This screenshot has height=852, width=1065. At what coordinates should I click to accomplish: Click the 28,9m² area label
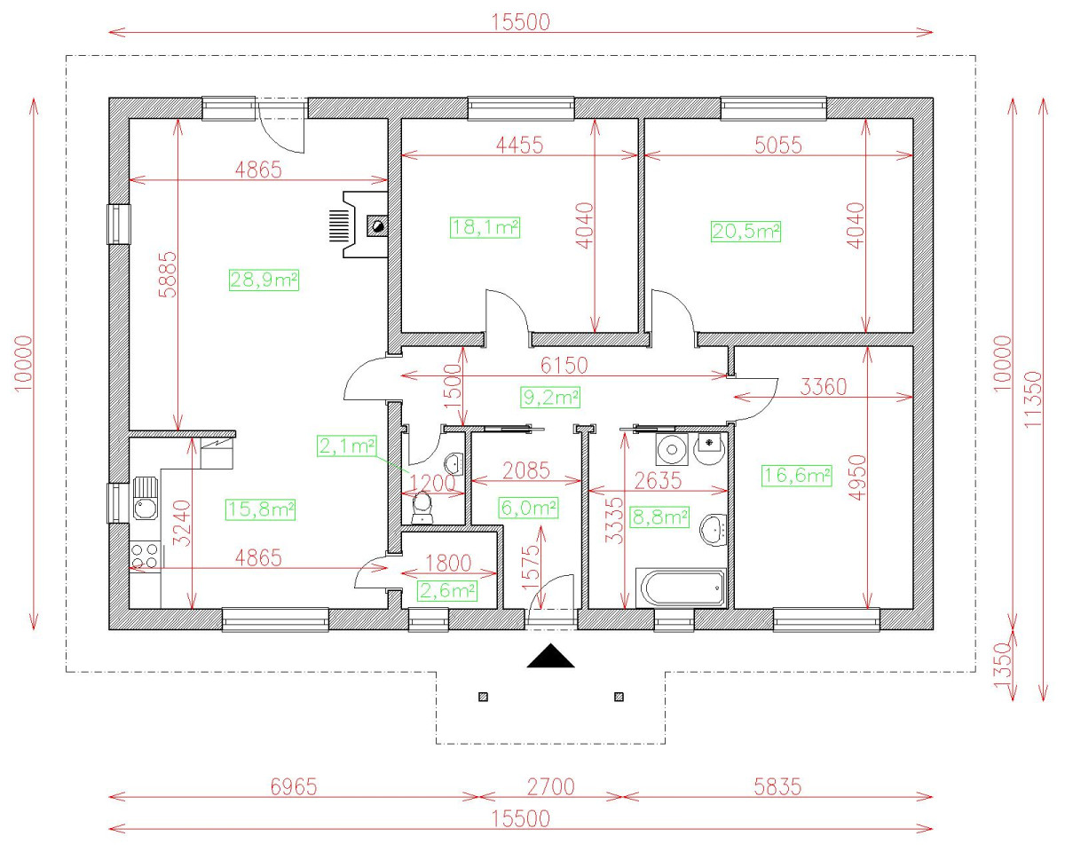click(x=264, y=280)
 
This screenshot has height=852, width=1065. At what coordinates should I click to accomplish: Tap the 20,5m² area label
click(x=745, y=232)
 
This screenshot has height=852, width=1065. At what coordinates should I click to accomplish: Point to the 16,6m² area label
click(x=796, y=477)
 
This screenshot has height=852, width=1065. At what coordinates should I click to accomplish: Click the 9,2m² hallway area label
click(x=550, y=397)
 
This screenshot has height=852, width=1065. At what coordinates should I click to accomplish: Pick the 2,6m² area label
click(x=447, y=590)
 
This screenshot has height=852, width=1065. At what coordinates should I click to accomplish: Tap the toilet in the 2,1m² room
click(x=423, y=507)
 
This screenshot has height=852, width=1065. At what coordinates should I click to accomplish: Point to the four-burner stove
click(x=145, y=556)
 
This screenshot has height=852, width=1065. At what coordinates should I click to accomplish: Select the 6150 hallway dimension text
click(x=565, y=365)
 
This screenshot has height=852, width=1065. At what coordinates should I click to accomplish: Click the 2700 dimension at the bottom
click(x=550, y=786)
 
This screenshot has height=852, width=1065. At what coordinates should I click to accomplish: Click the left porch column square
click(x=483, y=696)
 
